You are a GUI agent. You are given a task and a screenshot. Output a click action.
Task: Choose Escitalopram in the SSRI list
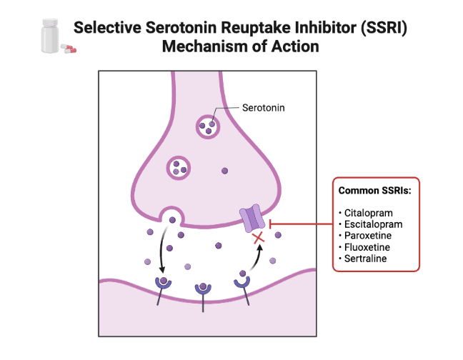372,224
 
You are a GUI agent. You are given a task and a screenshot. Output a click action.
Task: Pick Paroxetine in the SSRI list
368,236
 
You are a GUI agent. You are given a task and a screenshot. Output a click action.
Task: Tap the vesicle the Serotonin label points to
208,126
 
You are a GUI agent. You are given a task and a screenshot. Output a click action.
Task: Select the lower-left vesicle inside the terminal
178,168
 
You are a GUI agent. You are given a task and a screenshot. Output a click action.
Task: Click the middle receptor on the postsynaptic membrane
204,290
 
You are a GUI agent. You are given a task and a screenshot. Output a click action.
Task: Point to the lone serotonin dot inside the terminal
225,171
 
